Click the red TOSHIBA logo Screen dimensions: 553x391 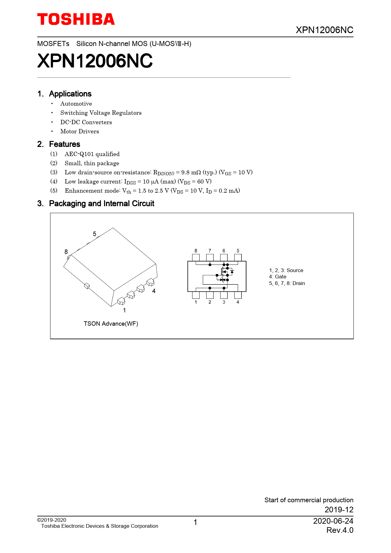click(x=76, y=20)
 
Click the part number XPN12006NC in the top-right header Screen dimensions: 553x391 click(x=324, y=30)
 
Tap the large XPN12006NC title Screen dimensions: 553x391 click(x=95, y=61)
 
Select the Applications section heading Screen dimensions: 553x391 click(x=70, y=94)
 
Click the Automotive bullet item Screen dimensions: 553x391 click(x=76, y=104)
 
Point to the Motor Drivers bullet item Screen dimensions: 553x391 click(x=79, y=131)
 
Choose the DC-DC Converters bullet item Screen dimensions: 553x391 click(x=86, y=122)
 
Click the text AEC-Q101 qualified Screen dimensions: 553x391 click(x=92, y=154)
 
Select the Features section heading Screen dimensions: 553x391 click(x=65, y=144)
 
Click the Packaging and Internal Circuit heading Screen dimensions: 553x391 click(x=102, y=204)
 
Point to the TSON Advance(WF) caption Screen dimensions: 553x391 click(x=111, y=324)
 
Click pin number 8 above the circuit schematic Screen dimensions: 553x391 click(x=196, y=251)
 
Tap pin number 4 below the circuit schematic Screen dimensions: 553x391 click(x=238, y=302)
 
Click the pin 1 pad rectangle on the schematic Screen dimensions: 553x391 click(x=196, y=295)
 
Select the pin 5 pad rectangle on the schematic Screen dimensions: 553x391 click(x=238, y=257)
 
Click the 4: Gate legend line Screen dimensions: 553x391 click(x=277, y=277)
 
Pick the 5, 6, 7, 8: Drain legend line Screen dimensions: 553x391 click(x=287, y=283)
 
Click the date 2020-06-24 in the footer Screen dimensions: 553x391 click(x=333, y=521)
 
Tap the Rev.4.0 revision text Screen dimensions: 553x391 click(x=340, y=530)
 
